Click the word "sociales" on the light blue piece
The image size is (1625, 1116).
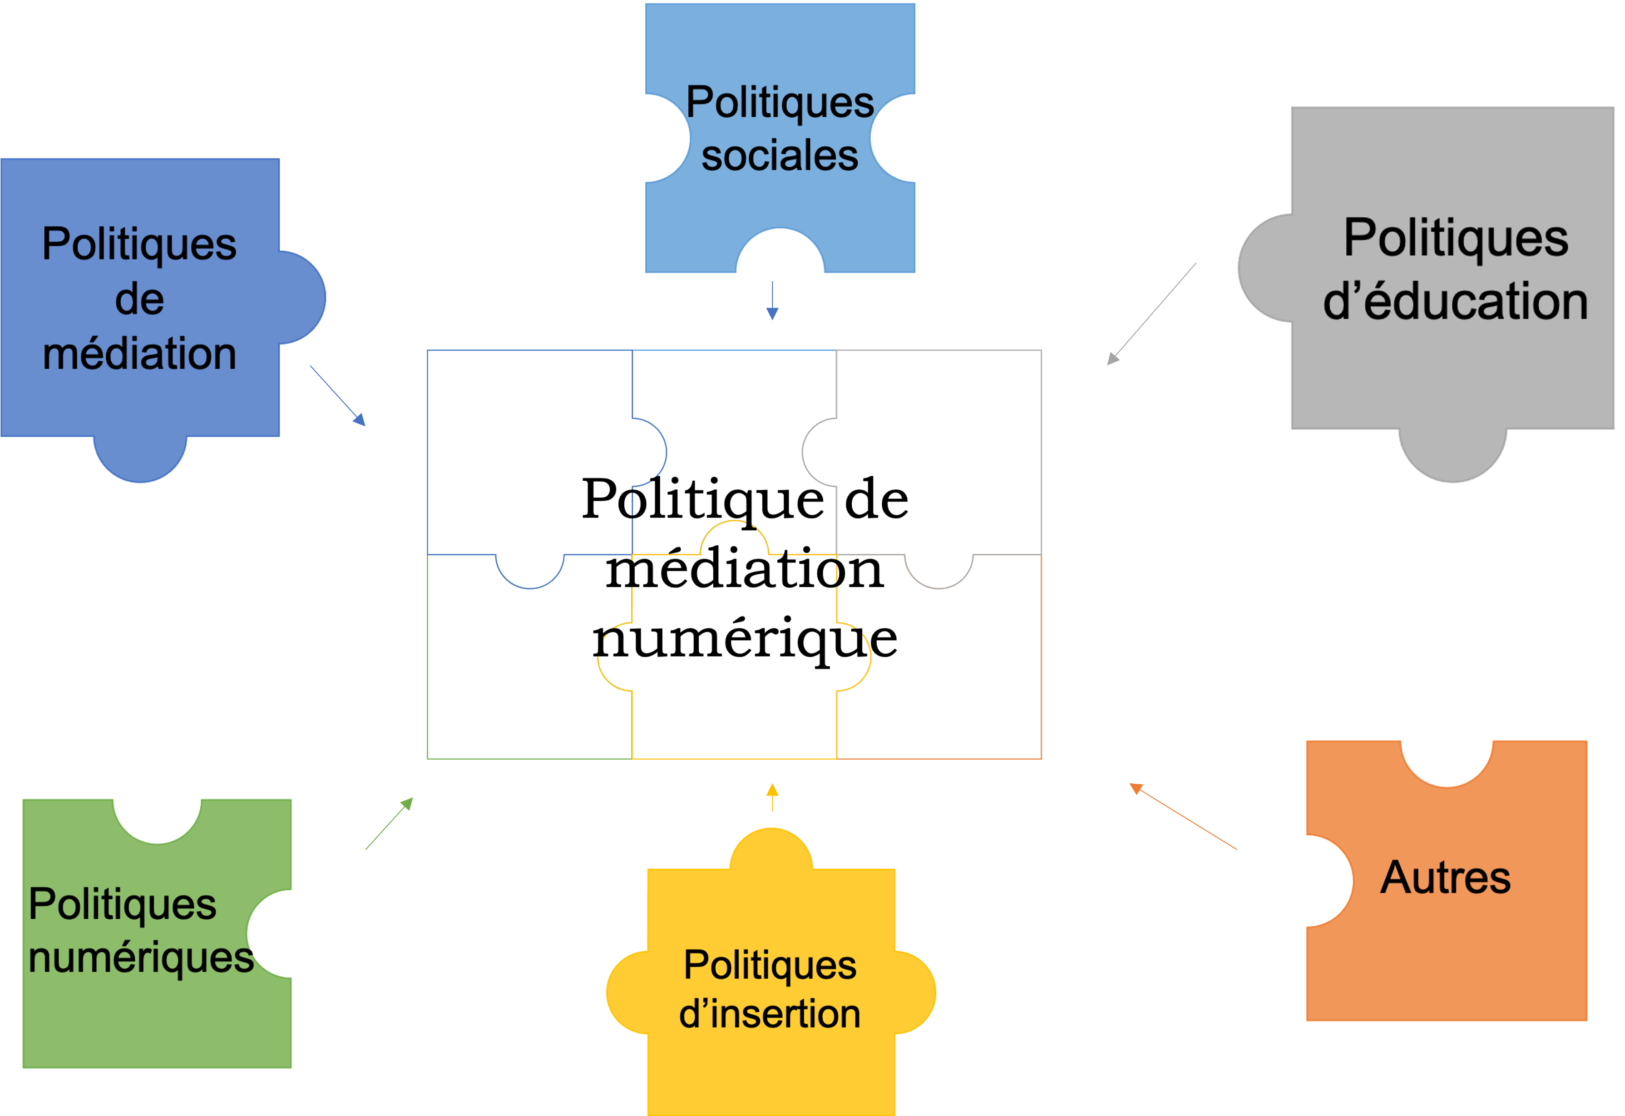point(780,156)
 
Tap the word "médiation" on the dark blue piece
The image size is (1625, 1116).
point(140,354)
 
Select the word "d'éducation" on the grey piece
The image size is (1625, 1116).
point(1455,302)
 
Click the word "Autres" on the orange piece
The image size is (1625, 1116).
point(1445,877)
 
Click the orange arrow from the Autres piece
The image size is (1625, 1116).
point(1183,817)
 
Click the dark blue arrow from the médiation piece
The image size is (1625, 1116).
point(338,395)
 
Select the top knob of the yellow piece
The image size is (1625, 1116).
point(771,850)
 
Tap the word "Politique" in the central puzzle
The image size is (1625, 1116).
point(703,499)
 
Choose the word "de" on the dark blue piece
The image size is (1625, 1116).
point(140,299)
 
